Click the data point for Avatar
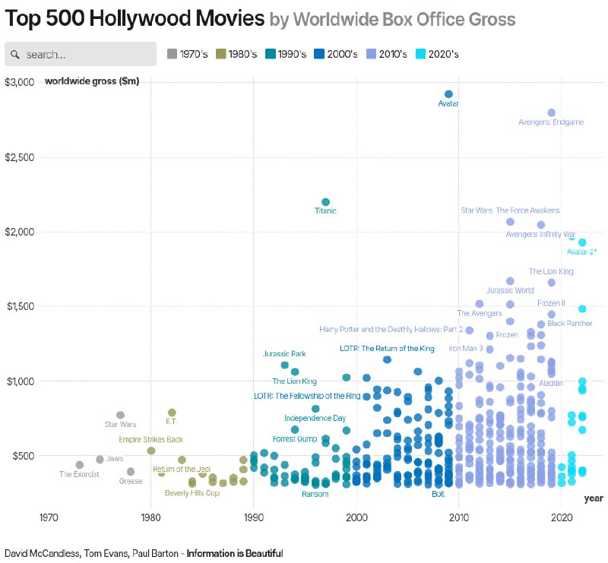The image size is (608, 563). (448, 94)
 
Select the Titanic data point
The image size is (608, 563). (325, 202)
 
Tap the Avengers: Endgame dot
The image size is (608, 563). (551, 112)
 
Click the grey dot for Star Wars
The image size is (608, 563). (120, 415)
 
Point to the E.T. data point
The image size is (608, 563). (172, 413)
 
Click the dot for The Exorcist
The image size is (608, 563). (80, 465)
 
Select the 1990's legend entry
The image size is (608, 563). (286, 54)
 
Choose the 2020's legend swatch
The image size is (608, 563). (420, 54)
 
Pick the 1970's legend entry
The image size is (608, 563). (172, 54)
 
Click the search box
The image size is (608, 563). (81, 54)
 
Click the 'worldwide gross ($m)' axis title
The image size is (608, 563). (92, 81)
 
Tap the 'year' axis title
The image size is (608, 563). (594, 498)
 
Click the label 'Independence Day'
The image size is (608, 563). (315, 418)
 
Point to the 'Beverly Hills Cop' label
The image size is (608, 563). (192, 493)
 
